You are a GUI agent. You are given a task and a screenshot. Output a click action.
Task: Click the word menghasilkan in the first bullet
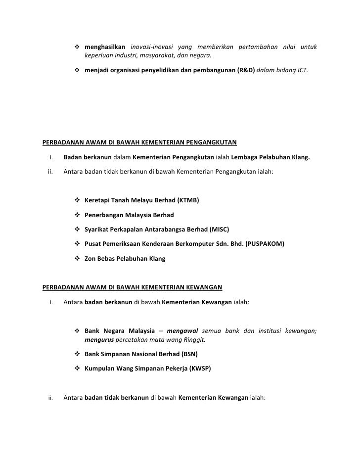click(105, 47)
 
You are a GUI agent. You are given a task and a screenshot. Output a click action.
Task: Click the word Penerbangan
click(105, 215)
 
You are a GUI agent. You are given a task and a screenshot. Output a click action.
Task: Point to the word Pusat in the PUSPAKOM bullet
click(93, 244)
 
